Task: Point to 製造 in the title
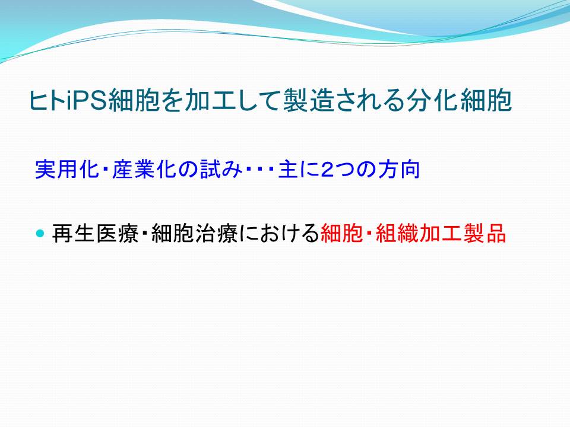[308, 100]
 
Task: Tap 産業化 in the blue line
[144, 169]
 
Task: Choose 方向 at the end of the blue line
[399, 169]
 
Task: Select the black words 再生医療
[95, 232]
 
